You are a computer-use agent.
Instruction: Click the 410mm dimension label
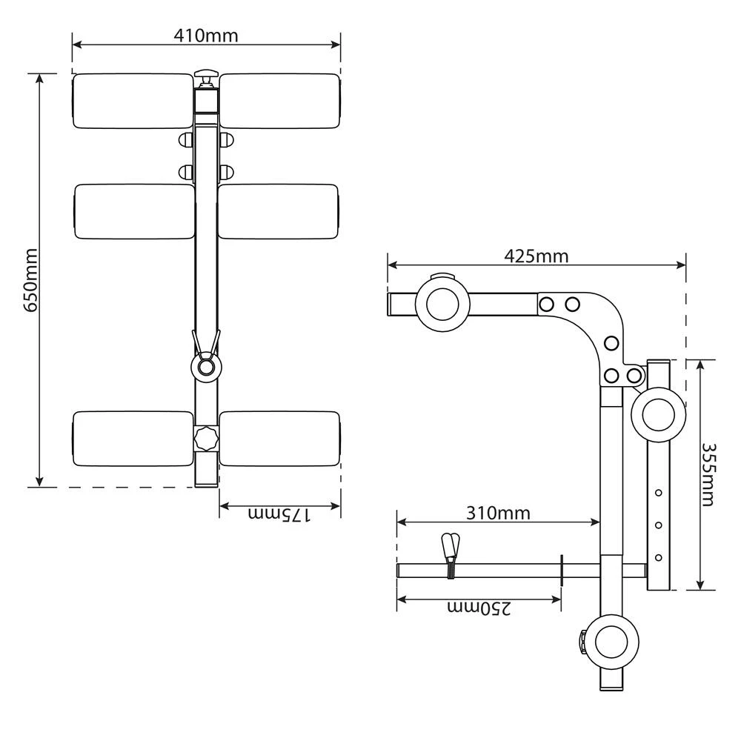point(205,36)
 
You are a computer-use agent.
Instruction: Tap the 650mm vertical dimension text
point(30,280)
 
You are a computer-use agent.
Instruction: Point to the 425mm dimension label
point(536,256)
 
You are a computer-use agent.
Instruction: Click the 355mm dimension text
point(708,474)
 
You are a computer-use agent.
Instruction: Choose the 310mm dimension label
point(498,513)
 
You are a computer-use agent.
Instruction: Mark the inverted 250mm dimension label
point(479,608)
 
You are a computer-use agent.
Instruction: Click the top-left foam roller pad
point(133,101)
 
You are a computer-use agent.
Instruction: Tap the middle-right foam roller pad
point(279,211)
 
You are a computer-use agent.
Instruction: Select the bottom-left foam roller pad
point(133,439)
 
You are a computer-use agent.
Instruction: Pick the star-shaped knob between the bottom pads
point(206,439)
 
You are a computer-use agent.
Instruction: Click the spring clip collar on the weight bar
point(451,556)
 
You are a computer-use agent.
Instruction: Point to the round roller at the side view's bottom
point(611,642)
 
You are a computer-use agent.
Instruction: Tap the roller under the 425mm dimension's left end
point(442,305)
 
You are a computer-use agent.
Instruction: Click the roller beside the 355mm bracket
point(658,415)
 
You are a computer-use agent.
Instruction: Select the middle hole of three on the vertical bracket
point(658,525)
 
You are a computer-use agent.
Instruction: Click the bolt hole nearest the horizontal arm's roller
point(546,304)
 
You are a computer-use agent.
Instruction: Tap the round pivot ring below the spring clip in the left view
point(206,367)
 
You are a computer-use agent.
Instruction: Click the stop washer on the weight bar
point(562,571)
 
